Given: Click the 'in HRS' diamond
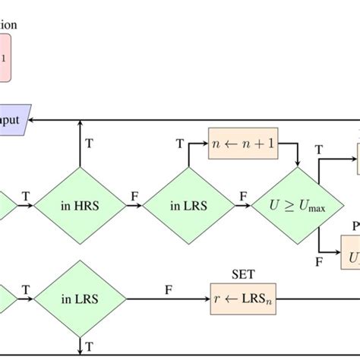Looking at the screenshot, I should (x=81, y=204).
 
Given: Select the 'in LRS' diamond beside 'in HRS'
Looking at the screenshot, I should (x=188, y=204).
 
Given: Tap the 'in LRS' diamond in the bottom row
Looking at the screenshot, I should (x=81, y=298).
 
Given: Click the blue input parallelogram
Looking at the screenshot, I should (x=15, y=119).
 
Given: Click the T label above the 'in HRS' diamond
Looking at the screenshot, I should (x=90, y=143).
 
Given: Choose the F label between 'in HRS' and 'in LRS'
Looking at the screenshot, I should (x=134, y=196).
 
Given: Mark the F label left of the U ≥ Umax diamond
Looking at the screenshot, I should (x=243, y=196).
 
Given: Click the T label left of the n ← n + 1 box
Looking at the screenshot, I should (x=180, y=143).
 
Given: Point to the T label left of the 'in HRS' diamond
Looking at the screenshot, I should (x=26, y=196).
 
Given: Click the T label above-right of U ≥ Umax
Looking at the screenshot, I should (x=319, y=151).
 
